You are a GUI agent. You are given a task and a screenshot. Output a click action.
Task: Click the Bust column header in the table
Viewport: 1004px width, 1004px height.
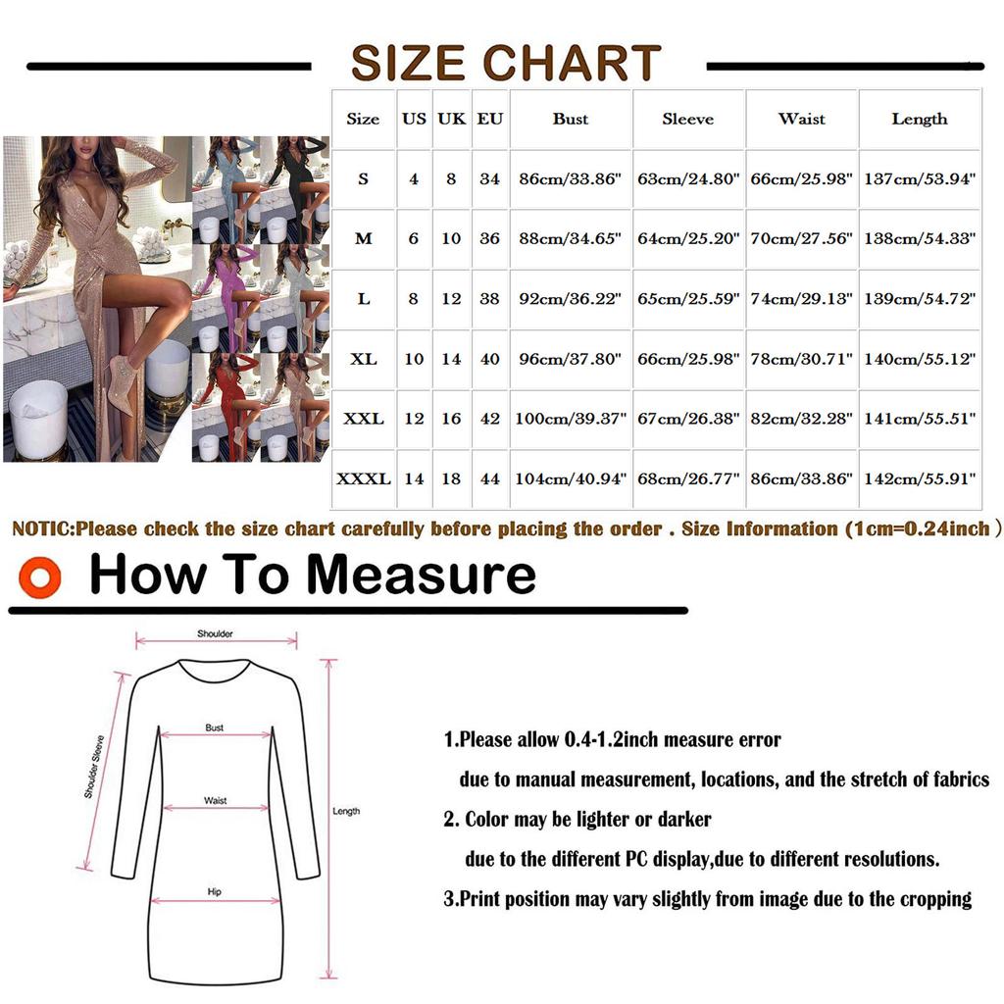pos(570,120)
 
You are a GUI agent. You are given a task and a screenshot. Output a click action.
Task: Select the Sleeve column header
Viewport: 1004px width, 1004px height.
pos(687,120)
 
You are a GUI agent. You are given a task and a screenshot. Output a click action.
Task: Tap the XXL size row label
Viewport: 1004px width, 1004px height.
pos(363,420)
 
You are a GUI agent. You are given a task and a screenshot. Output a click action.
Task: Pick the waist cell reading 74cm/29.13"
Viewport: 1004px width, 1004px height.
pos(802,299)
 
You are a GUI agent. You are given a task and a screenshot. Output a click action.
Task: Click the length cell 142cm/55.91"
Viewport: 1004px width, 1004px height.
pos(920,479)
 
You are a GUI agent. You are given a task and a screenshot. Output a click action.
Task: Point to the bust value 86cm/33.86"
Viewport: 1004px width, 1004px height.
pos(570,180)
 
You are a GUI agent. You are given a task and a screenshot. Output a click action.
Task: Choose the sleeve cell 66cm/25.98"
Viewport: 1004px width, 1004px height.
pos(687,360)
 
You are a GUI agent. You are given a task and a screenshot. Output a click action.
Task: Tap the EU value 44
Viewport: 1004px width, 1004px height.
pos(489,479)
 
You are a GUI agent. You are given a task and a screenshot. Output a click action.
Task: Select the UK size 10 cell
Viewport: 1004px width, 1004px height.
pos(451,239)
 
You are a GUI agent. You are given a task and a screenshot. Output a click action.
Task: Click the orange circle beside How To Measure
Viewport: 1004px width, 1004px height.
pos(39,577)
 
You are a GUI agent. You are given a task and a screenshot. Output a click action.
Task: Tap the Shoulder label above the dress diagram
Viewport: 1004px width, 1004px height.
pos(215,634)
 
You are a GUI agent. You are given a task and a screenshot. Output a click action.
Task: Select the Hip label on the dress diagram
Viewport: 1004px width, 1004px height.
pos(215,892)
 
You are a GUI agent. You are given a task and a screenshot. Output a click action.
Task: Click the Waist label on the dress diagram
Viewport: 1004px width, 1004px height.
pos(215,801)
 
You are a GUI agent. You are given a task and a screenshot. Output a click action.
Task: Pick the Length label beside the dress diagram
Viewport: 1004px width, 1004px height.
pos(346,811)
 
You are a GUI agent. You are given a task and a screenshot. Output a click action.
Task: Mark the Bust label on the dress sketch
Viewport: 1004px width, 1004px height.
pos(215,728)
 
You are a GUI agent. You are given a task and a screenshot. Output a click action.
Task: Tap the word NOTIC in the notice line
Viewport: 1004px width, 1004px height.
pos(41,529)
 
